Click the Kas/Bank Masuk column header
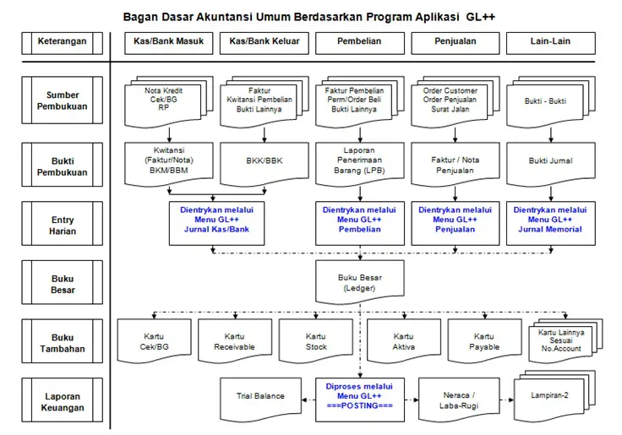(168, 43)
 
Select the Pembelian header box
(360, 43)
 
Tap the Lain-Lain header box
(551, 43)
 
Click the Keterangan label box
(63, 43)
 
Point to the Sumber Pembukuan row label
(63, 101)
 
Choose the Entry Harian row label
(63, 225)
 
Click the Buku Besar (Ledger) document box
(360, 282)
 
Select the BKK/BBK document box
(265, 163)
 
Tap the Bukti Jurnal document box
(551, 163)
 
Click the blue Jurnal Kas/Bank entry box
(216, 223)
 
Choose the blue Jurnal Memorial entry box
(551, 223)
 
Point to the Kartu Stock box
(316, 340)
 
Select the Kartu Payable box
(484, 340)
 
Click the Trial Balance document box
(260, 399)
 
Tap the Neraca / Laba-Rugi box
(459, 399)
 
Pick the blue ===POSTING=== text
(360, 405)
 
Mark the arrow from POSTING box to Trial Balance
(308, 400)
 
